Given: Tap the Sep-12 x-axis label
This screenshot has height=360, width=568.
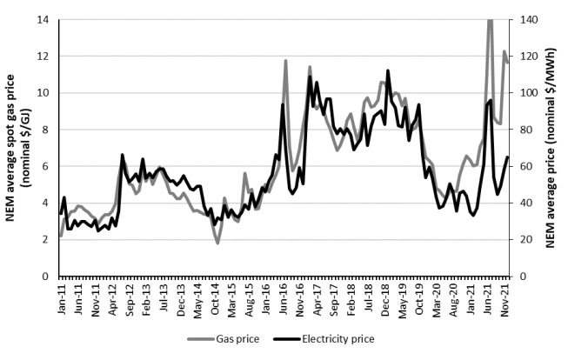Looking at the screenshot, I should [x=129, y=300].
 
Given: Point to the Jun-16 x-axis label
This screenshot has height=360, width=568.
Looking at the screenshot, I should [x=284, y=300].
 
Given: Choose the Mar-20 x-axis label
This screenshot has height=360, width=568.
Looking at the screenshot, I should [x=438, y=300].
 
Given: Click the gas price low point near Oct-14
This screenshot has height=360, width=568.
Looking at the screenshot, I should [x=217, y=243].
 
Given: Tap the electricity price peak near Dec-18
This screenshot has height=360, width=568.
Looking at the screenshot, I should [x=388, y=70].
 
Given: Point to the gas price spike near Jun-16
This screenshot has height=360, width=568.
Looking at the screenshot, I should [x=285, y=61].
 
